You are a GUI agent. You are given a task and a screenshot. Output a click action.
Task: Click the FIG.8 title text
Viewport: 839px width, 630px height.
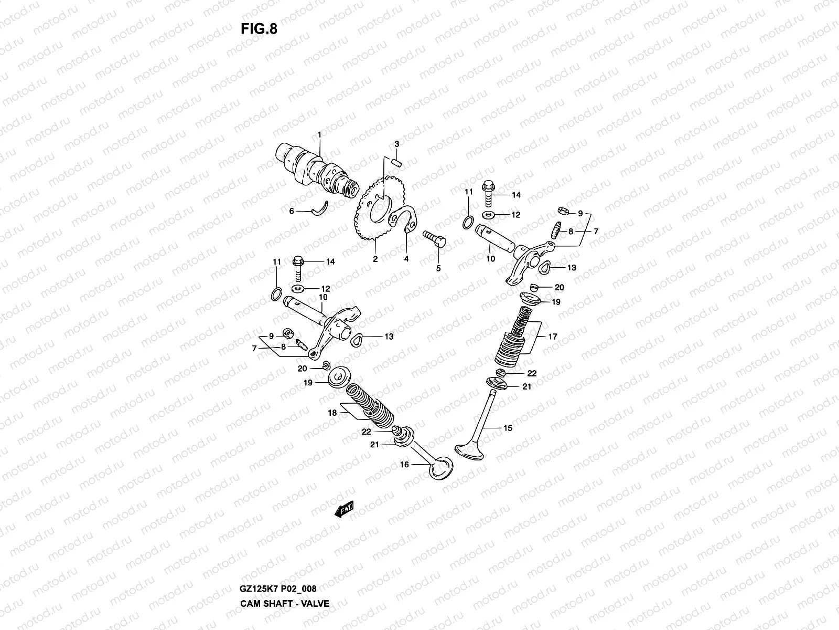259,29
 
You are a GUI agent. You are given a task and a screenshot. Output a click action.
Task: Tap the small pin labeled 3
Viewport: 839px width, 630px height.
396,161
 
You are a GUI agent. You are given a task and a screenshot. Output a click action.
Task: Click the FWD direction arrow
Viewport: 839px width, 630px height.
344,510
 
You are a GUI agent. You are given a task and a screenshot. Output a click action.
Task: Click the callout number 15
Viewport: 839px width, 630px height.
508,428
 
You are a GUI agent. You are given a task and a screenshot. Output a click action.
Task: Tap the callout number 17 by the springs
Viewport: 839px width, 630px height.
553,337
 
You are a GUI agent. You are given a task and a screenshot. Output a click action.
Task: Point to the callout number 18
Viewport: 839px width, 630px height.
332,413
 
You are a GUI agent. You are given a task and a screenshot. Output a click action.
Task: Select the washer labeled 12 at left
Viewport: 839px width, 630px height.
299,289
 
